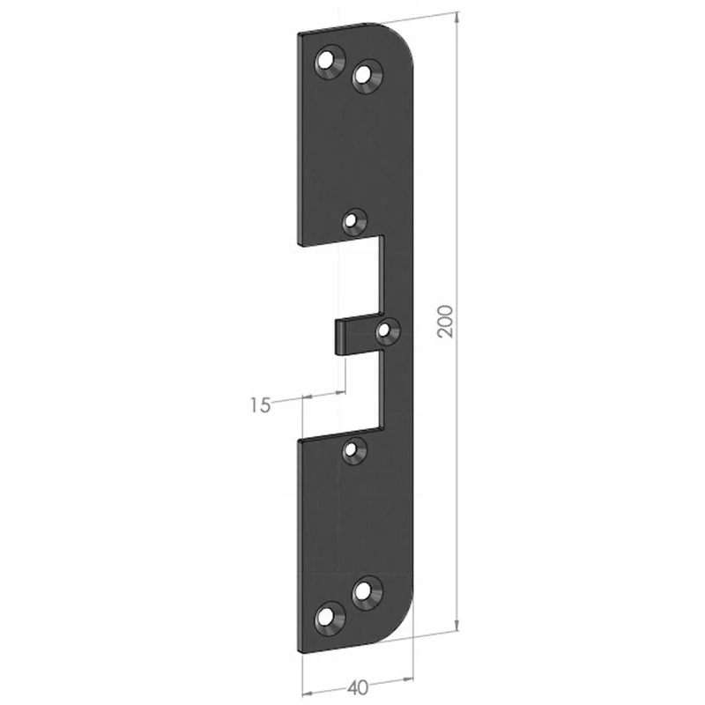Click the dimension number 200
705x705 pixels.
tap(445, 321)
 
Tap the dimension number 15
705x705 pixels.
tap(260, 405)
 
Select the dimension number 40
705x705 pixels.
tap(358, 687)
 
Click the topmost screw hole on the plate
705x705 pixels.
tap(330, 62)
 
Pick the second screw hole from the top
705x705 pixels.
tap(367, 77)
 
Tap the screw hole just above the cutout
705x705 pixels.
tap(354, 222)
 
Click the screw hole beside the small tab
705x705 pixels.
tap(388, 331)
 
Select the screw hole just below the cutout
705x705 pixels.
tap(354, 450)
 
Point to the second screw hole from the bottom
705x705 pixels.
tap(367, 593)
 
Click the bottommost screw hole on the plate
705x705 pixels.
tap(330, 619)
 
